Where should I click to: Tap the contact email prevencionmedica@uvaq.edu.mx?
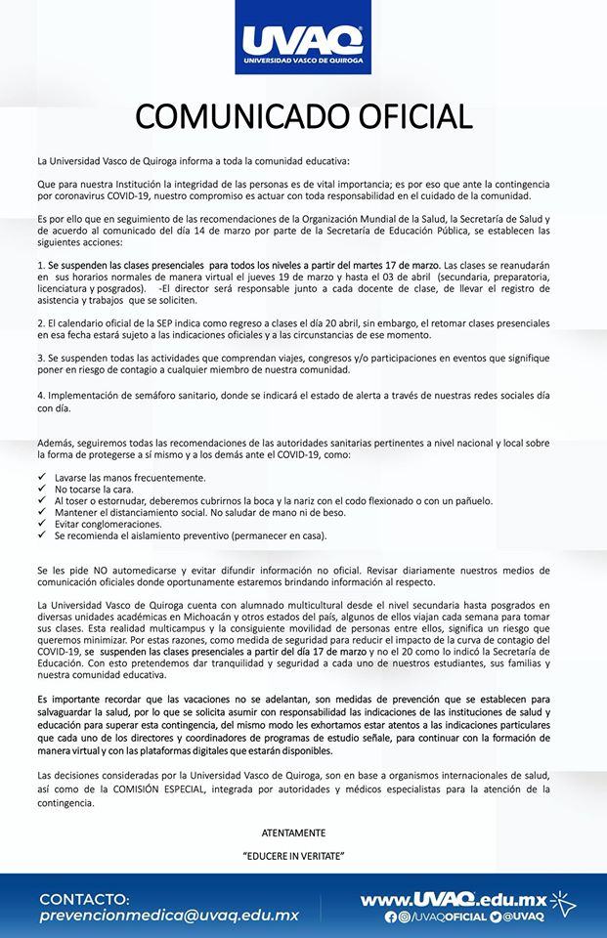click(169, 916)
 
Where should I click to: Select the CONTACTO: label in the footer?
click(84, 898)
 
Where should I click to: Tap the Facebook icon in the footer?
click(391, 917)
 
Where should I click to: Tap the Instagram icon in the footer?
click(404, 917)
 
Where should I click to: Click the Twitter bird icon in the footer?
click(496, 917)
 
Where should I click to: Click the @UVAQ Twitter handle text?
click(524, 917)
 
